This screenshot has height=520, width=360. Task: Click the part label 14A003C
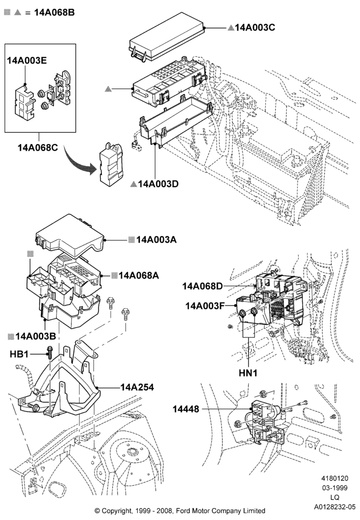(255, 28)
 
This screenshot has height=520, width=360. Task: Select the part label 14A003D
(158, 184)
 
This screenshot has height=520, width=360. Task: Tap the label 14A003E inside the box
(27, 60)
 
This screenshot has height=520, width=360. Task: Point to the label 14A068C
(37, 147)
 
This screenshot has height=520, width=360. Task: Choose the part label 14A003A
(156, 239)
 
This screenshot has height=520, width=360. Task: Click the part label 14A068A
(139, 275)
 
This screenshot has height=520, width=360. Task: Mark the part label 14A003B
(35, 336)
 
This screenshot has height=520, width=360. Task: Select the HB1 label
(19, 354)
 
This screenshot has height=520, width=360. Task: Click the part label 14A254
(137, 387)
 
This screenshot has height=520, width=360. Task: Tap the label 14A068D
(202, 286)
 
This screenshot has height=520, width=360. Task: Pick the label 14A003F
(205, 305)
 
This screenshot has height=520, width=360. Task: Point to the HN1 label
(248, 373)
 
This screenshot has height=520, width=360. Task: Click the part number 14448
(186, 409)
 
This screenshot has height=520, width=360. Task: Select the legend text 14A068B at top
(55, 12)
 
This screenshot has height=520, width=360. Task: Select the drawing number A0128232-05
(335, 506)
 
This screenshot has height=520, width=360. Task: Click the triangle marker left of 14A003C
(231, 28)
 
